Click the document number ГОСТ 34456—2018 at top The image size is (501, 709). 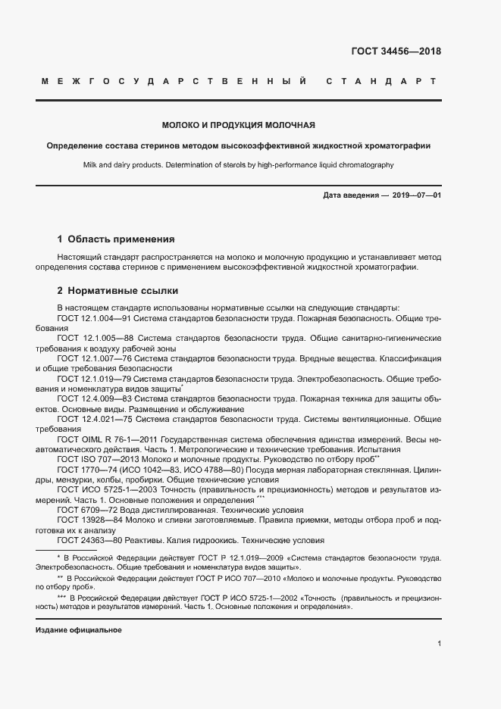pyautogui.click(x=396, y=52)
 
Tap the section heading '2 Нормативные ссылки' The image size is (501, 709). pyautogui.click(x=117, y=291)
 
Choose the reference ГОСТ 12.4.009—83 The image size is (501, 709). pyautogui.click(x=95, y=398)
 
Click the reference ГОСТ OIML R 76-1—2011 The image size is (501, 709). pyautogui.click(x=105, y=438)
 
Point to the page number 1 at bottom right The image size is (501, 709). pyautogui.click(x=439, y=644)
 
